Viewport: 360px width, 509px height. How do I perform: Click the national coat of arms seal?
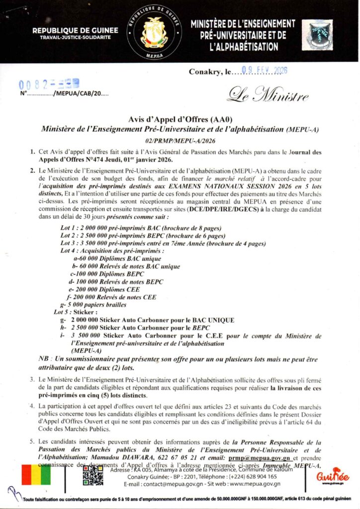click(x=154, y=32)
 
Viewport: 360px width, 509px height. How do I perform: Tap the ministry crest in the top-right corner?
click(x=319, y=34)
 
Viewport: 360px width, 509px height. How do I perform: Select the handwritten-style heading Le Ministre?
click(x=269, y=94)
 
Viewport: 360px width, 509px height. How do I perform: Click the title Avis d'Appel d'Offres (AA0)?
click(x=180, y=120)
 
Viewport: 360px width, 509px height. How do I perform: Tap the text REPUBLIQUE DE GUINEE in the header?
click(x=75, y=30)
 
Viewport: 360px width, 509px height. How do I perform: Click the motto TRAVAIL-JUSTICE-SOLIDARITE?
click(x=75, y=38)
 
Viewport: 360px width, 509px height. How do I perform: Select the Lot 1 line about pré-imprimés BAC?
click(x=141, y=228)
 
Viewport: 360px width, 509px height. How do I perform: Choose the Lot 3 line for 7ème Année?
click(x=163, y=243)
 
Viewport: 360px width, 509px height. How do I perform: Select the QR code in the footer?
click(x=93, y=475)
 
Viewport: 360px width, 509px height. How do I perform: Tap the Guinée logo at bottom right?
click(x=333, y=476)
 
